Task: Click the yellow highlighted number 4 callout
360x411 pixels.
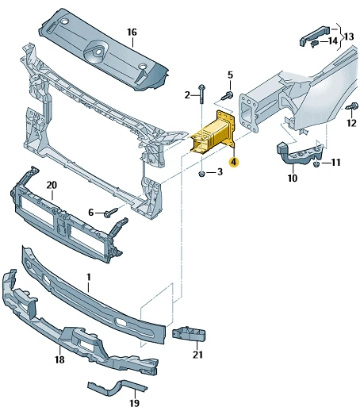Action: pos(234,162)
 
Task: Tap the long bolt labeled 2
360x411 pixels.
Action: pos(202,94)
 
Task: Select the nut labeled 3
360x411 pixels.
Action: pos(202,174)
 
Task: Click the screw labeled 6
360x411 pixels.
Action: pos(111,213)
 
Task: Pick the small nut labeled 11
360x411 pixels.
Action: pos(317,164)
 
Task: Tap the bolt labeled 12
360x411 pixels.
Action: pos(352,106)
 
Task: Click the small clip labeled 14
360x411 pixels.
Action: pos(314,44)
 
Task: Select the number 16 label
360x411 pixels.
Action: pos(132,33)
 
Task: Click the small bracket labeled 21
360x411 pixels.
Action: pos(189,334)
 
